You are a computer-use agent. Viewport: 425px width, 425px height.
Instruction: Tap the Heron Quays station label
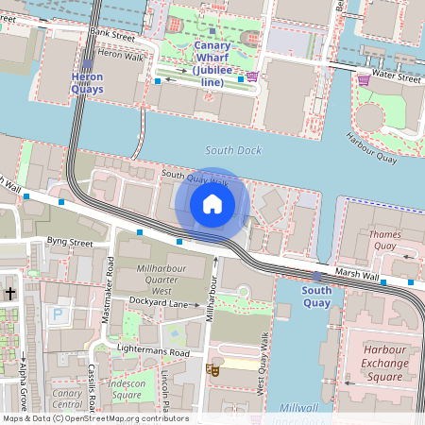tap(87, 82)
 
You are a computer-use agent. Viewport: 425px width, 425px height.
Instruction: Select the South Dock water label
tap(231, 151)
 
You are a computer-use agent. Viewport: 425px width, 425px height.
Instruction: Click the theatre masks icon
tap(214, 371)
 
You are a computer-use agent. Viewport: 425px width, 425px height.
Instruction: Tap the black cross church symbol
tap(10, 294)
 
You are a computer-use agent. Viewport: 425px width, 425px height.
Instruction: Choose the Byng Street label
tap(70, 243)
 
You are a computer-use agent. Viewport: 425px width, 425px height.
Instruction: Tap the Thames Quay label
tap(385, 240)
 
